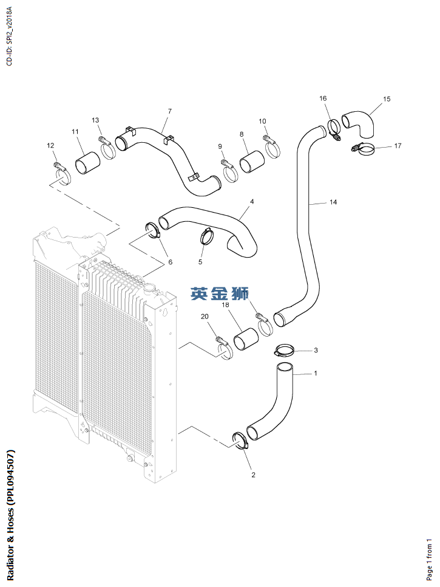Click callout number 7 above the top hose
click(170, 111)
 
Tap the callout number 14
click(333, 202)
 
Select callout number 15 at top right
click(387, 98)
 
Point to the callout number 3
click(316, 351)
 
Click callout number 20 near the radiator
click(205, 317)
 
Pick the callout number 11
click(75, 132)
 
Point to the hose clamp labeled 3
click(285, 351)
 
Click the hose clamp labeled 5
click(208, 236)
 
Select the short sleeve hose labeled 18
click(246, 337)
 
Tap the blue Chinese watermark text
click(219, 294)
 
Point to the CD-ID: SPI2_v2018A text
click(8, 36)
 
